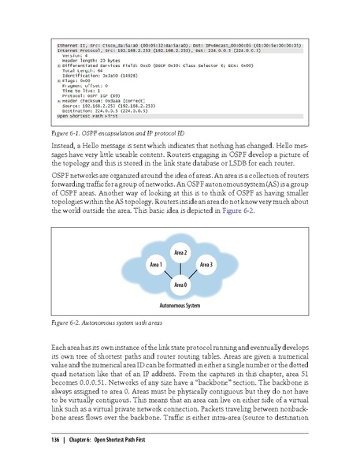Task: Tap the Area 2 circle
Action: [x=180, y=251]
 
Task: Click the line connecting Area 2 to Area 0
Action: [x=180, y=268]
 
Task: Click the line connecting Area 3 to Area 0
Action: [x=193, y=274]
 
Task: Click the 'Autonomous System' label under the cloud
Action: [x=180, y=303]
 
